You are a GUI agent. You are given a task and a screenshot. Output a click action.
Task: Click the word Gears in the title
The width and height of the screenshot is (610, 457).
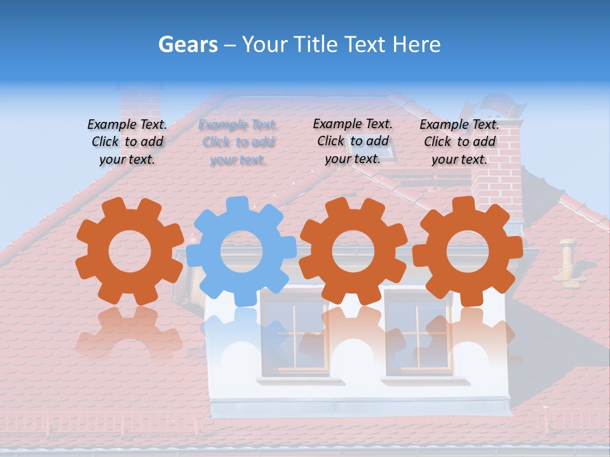[187, 44]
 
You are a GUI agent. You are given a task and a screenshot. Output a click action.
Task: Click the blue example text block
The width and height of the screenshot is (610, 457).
[238, 142]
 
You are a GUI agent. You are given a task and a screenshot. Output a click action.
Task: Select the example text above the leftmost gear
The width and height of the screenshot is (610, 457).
[127, 142]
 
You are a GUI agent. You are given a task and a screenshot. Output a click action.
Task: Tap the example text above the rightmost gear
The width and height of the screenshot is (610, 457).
[459, 142]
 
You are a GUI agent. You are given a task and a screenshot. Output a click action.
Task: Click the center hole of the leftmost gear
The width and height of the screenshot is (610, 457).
[130, 251]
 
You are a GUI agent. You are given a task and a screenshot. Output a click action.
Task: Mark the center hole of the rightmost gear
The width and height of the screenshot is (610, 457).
[468, 251]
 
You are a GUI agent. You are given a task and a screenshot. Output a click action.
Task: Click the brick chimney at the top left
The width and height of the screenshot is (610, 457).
[140, 102]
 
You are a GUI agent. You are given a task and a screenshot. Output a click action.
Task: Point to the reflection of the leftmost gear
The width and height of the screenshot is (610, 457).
[129, 330]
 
